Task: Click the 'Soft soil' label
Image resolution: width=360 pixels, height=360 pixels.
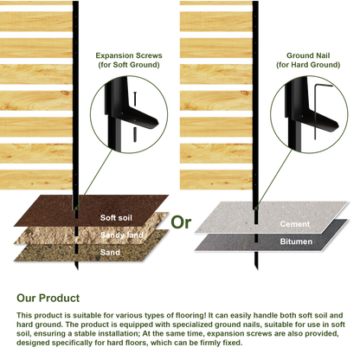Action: pos(116,217)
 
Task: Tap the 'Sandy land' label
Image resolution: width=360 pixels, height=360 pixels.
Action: pos(122,235)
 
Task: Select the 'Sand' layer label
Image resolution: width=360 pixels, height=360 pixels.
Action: pos(110,253)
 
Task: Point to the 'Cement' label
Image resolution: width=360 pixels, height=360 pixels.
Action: pos(295,224)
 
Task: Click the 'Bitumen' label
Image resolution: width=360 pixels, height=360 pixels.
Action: pos(296,241)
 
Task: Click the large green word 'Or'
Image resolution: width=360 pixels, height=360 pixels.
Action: pos(181,222)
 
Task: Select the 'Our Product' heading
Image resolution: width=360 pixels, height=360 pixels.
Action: pos(48,298)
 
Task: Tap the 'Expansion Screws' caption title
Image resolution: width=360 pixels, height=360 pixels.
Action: pos(129,55)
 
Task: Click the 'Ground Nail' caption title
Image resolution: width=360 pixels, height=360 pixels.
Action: pos(308,55)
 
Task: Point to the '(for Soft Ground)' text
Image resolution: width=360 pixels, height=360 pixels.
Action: pos(129,65)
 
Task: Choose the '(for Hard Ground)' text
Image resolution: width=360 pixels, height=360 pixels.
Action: pos(308,65)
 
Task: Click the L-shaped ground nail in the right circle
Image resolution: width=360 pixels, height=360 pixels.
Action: pos(315,111)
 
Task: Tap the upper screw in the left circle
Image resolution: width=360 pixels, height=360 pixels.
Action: pos(135,99)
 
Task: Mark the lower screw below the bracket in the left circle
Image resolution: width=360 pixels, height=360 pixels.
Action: pos(135,135)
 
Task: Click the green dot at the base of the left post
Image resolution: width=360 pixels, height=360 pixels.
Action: pos(76,208)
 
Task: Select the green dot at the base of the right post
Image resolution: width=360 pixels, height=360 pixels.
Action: pos(255,208)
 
